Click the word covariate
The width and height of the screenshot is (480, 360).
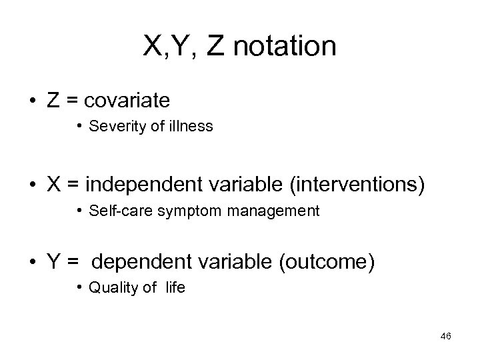127,101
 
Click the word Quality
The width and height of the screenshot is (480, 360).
109,288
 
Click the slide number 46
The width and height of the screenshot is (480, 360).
446,336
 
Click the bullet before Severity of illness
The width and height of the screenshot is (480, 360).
79,125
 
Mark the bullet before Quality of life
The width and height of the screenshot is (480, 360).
79,287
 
